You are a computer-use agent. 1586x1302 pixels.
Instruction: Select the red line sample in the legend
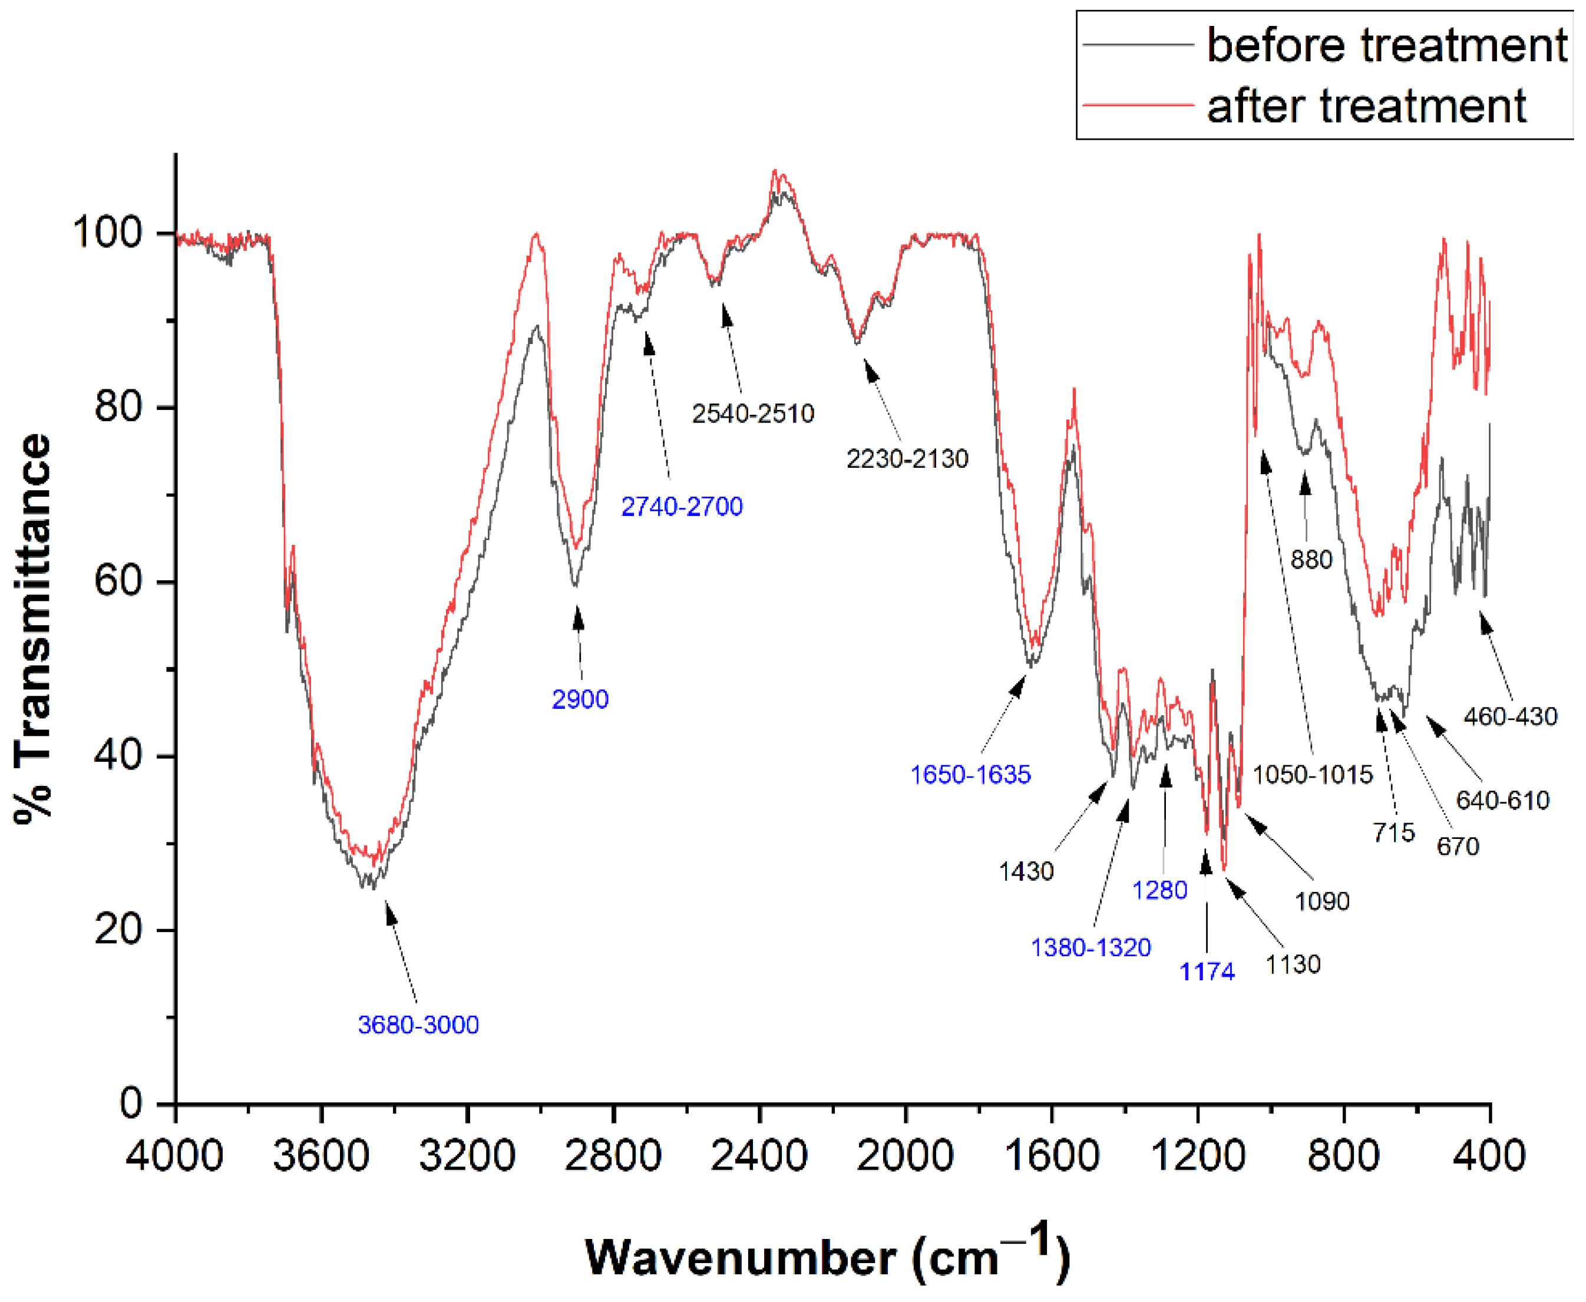(x=1138, y=105)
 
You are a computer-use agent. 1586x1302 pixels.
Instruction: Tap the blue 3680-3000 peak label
(x=418, y=1025)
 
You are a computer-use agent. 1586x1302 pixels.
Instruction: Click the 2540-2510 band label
(x=753, y=413)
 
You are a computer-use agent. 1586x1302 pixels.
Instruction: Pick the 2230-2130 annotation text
(x=907, y=458)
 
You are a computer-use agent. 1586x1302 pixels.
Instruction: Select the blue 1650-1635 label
(x=970, y=774)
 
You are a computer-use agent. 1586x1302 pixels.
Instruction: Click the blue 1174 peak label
(x=1207, y=972)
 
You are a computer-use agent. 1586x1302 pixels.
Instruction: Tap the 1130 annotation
(x=1293, y=964)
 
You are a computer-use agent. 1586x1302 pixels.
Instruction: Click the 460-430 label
(x=1510, y=716)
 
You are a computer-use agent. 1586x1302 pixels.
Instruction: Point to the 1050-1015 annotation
(x=1312, y=774)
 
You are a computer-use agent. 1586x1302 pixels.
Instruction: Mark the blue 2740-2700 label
(x=682, y=506)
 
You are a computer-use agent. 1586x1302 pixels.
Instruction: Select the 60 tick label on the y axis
(x=118, y=581)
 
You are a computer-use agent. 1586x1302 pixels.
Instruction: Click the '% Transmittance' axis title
(x=34, y=629)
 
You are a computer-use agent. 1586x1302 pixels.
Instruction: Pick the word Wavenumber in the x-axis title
(x=740, y=1257)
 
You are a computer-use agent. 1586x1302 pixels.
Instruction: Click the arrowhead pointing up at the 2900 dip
(x=577, y=618)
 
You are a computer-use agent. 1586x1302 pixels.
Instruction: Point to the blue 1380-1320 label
(x=1091, y=947)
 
